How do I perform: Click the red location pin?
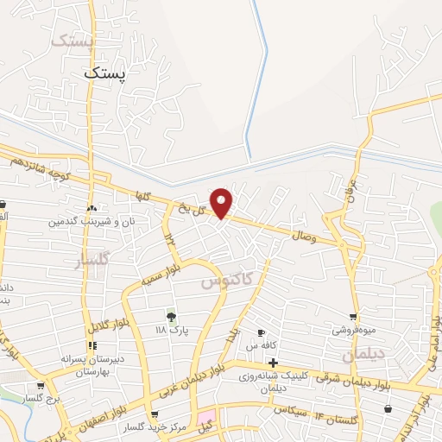click(223, 203)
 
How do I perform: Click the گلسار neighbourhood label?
click(93, 259)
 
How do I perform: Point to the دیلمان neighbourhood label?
click(361, 354)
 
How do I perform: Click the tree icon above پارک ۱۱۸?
click(171, 317)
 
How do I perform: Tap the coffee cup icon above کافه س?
click(261, 332)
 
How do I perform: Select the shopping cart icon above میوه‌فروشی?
click(352, 317)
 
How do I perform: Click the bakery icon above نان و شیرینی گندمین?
click(92, 208)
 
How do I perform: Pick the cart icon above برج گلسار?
click(40, 386)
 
